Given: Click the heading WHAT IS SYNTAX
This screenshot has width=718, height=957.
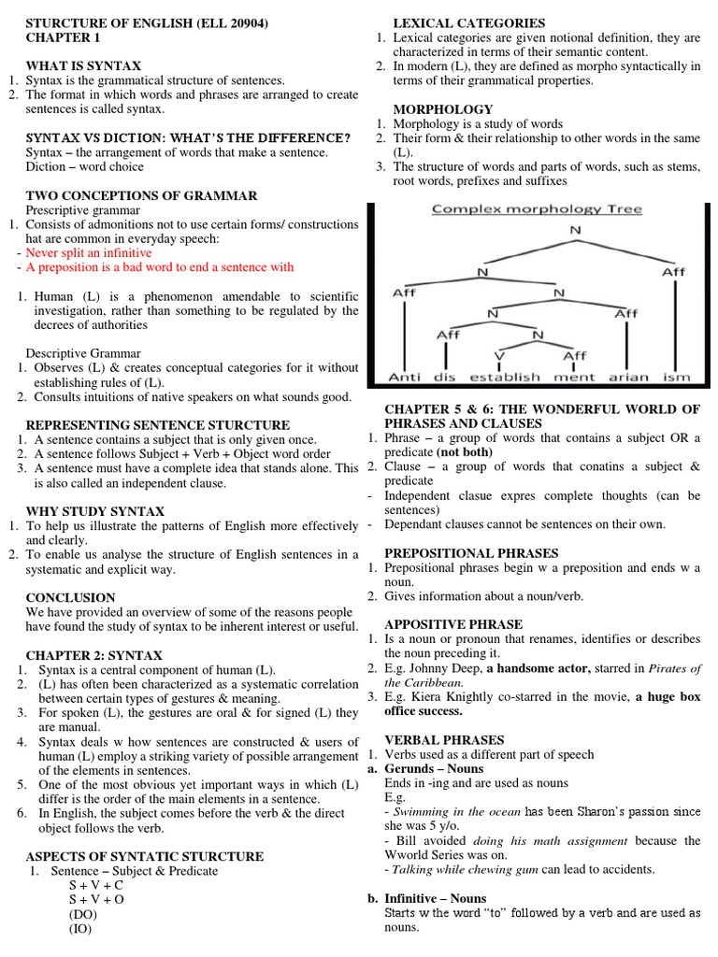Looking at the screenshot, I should click(83, 66).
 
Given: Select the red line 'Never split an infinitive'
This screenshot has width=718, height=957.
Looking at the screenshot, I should click(89, 252).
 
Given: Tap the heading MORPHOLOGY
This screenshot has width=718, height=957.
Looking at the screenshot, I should click(442, 109).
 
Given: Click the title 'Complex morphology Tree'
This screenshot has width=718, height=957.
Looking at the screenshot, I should click(537, 208).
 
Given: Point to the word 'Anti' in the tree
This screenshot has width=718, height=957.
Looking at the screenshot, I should click(405, 378).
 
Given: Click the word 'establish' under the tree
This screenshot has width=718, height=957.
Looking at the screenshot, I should click(505, 378).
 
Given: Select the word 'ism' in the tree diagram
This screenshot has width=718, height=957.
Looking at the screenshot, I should click(675, 378).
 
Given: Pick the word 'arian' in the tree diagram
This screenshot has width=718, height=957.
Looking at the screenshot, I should click(626, 378).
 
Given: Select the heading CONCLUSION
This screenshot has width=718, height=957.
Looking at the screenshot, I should click(70, 597).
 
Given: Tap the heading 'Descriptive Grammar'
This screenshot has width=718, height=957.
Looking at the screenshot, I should click(83, 353).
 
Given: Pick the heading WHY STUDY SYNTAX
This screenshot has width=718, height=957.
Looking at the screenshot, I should click(95, 511).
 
